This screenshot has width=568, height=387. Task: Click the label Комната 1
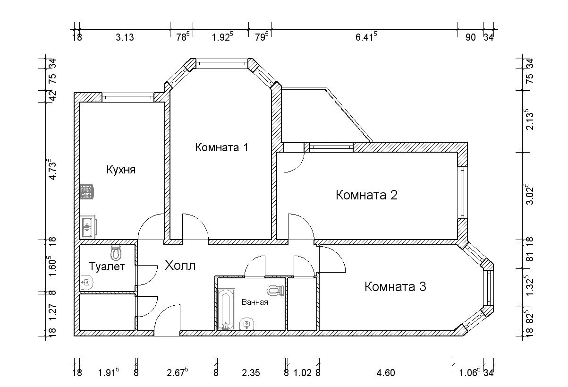coord(221,147)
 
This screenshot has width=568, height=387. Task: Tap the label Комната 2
coord(367,195)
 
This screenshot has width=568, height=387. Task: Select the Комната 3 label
coord(395,286)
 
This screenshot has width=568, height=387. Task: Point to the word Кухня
coord(121,170)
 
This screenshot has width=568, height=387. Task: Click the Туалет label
coord(107,267)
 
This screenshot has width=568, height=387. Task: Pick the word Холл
coord(180,266)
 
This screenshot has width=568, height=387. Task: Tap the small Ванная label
coord(255,302)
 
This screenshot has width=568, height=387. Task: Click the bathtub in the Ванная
coord(226,309)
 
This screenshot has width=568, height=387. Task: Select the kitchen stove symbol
coord(87,191)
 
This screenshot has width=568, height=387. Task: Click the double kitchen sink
coord(88,227)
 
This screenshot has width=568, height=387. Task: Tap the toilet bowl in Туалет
coord(116,252)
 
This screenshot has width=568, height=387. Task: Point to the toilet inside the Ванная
coord(275,291)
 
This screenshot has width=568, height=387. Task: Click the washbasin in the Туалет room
coord(86,282)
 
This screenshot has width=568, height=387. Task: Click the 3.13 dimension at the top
coord(125,37)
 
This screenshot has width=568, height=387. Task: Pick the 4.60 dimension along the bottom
coord(386,373)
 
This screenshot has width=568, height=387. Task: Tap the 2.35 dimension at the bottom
coord(251,373)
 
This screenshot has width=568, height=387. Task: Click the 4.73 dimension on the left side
coord(53,169)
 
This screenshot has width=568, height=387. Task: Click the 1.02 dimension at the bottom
coord(302,373)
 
